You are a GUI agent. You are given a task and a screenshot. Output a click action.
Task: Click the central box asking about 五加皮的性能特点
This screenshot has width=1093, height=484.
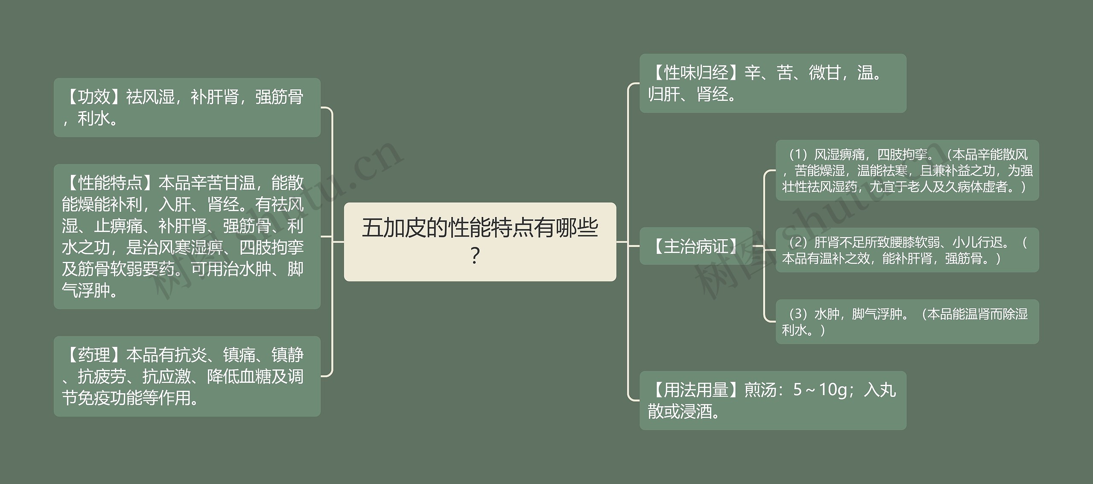pos(479,241)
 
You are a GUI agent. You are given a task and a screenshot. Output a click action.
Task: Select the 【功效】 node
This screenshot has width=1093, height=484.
pos(187,107)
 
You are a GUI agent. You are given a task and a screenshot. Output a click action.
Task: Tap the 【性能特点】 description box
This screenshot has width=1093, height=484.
pos(187,236)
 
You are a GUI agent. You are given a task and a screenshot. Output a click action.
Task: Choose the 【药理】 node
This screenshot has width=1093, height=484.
pos(187,376)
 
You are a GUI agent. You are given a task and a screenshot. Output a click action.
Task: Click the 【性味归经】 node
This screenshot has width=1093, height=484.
pos(772,83)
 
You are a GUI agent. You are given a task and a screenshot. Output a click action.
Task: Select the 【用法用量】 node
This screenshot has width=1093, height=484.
pos(772,400)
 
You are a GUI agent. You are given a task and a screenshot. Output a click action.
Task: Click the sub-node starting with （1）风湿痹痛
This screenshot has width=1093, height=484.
pos(907,170)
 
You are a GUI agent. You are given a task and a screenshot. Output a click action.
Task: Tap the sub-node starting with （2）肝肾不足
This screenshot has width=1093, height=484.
pos(907,250)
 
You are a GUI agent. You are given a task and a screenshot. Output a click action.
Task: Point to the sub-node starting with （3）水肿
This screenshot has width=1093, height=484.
pos(907,322)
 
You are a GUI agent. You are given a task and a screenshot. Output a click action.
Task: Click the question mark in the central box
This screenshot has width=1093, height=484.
pos(475,256)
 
